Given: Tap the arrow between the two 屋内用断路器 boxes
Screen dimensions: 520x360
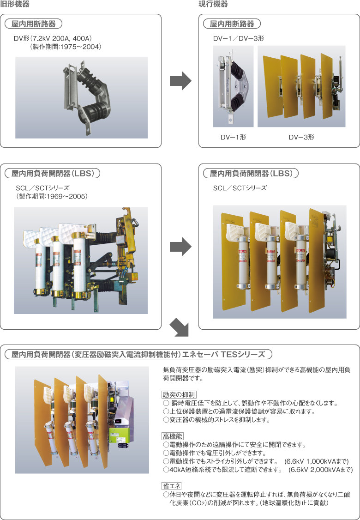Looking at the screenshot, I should tap(180, 82).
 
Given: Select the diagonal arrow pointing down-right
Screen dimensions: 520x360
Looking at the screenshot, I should tap(180, 328).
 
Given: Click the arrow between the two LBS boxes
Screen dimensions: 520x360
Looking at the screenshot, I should tap(180, 247).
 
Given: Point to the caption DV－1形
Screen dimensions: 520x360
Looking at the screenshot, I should tap(233, 137).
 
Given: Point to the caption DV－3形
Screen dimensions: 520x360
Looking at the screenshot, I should tap(301, 137).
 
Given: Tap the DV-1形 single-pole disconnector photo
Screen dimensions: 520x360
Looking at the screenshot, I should tap(233, 86).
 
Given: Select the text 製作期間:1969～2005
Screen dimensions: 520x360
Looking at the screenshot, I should tap(52, 196).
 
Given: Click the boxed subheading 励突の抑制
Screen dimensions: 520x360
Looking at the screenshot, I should tap(179, 395).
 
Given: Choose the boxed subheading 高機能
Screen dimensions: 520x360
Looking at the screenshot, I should tap(173, 436).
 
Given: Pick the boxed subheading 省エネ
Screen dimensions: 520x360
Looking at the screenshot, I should tap(172, 486).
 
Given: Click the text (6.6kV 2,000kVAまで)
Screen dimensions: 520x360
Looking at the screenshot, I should tap(320, 470).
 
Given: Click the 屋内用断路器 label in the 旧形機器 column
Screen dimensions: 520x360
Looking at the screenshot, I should tap(33, 24).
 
